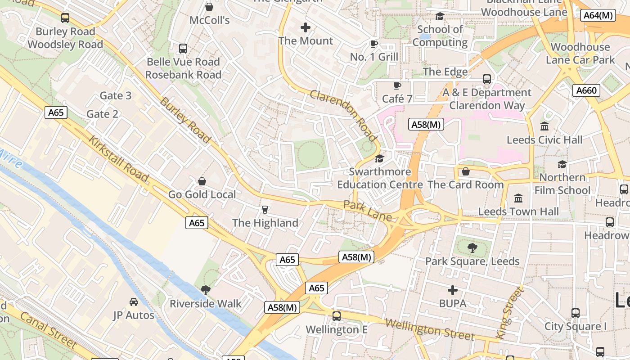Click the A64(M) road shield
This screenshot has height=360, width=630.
click(x=598, y=15)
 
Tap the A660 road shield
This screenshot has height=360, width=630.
click(x=587, y=90)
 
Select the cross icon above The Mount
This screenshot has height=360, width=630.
click(x=306, y=27)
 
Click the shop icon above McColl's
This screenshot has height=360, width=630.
click(x=209, y=7)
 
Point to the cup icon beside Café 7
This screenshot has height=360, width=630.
click(x=397, y=85)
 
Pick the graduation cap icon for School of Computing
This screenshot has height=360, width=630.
click(x=440, y=17)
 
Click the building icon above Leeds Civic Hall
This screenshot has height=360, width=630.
click(x=544, y=126)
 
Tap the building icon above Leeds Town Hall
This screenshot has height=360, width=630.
click(x=518, y=198)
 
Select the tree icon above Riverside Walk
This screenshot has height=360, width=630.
click(x=206, y=290)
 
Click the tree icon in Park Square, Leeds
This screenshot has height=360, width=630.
click(x=472, y=247)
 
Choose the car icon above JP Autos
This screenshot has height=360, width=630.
click(x=134, y=301)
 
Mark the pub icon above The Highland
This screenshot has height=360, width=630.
click(x=265, y=209)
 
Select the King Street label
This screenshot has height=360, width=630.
click(x=510, y=313)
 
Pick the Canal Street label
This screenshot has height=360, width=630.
click(x=49, y=330)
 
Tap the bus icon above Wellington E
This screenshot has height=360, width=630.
click(x=337, y=316)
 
